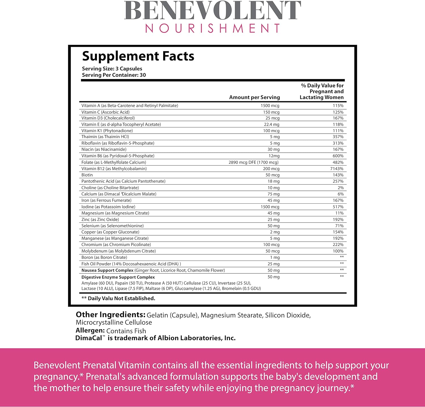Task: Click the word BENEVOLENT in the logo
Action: pyautogui.click(x=212, y=11)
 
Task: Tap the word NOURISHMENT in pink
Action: pyautogui.click(x=212, y=28)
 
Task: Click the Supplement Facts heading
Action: pyautogui.click(x=138, y=56)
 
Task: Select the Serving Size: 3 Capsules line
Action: pyautogui.click(x=112, y=69)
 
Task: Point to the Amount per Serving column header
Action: pyautogui.click(x=254, y=97)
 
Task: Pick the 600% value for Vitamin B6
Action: pyautogui.click(x=338, y=156)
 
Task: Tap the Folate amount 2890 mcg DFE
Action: pyautogui.click(x=253, y=162)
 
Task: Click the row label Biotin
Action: pyautogui.click(x=87, y=175)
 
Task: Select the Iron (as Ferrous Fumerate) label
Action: pyautogui.click(x=106, y=200)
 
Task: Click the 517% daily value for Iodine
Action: pyautogui.click(x=338, y=207)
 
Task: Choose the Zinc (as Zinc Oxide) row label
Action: pyautogui.click(x=100, y=220)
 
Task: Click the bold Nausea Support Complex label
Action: pyautogui.click(x=107, y=270)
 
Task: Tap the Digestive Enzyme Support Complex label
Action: pyautogui.click(x=118, y=277)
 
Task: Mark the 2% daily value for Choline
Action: pyautogui.click(x=341, y=188)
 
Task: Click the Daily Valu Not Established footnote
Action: pyautogui.click(x=118, y=298)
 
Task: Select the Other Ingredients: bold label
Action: pyautogui.click(x=110, y=315)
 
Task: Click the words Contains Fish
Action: pyautogui.click(x=126, y=331)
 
